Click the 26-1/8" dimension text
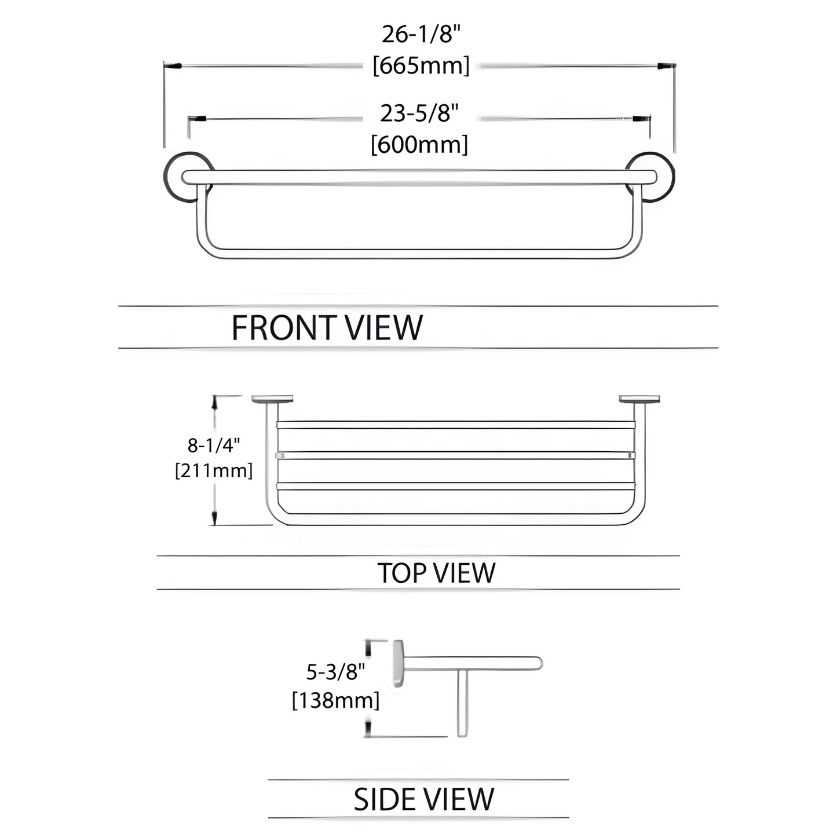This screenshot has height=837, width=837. click(421, 35)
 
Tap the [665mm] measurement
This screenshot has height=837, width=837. click(421, 65)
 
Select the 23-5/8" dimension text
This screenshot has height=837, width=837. click(419, 113)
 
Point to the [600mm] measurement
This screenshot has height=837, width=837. click(419, 144)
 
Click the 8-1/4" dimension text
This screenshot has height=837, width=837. click(213, 445)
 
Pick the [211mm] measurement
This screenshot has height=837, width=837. click(214, 470)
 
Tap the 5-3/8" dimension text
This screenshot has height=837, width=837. click(336, 671)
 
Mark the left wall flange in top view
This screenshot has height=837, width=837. click(272, 399)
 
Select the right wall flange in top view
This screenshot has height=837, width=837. click(639, 399)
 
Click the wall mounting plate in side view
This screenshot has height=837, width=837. click(399, 663)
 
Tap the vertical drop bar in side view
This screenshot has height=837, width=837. click(462, 703)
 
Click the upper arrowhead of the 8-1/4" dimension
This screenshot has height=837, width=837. click(215, 403)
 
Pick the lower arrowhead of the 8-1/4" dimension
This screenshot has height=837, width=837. click(215, 518)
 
